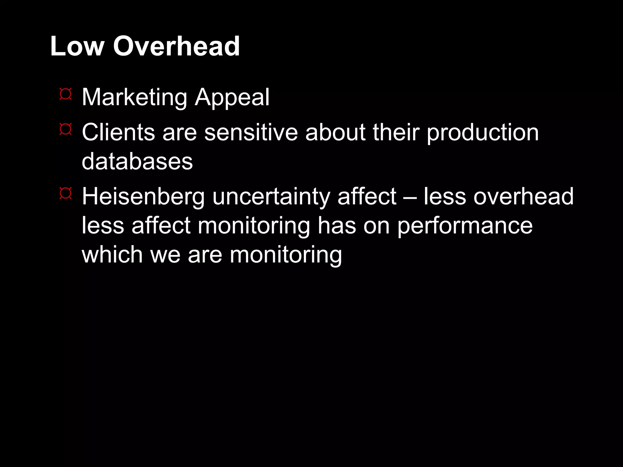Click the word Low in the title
click(77, 46)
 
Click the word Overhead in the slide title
click(176, 46)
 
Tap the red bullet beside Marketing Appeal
click(65, 94)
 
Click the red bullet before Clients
click(65, 129)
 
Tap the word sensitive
click(251, 133)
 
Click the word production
click(482, 133)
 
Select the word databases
click(137, 161)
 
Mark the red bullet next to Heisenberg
click(65, 193)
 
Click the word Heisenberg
click(143, 197)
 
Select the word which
click(112, 254)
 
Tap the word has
click(336, 226)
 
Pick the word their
click(396, 133)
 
